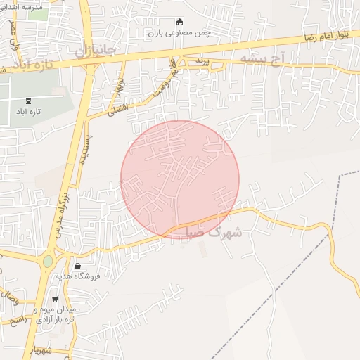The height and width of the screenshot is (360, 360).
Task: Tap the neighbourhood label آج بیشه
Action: tap(262, 58)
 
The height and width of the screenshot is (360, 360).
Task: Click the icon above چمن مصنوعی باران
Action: tap(179, 22)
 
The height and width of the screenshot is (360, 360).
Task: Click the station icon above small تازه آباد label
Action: tap(28, 101)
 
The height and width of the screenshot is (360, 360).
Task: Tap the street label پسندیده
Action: tap(82, 148)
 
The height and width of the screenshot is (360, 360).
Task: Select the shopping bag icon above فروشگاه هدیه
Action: tap(77, 266)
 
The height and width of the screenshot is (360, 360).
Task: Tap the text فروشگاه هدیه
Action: tap(79, 276)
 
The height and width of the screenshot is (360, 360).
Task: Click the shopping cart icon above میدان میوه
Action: tap(55, 300)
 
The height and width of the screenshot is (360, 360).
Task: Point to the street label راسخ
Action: tap(18, 321)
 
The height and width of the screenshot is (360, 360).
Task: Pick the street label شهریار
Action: tap(41, 349)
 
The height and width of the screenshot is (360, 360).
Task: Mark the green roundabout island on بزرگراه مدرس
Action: tap(48, 262)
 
